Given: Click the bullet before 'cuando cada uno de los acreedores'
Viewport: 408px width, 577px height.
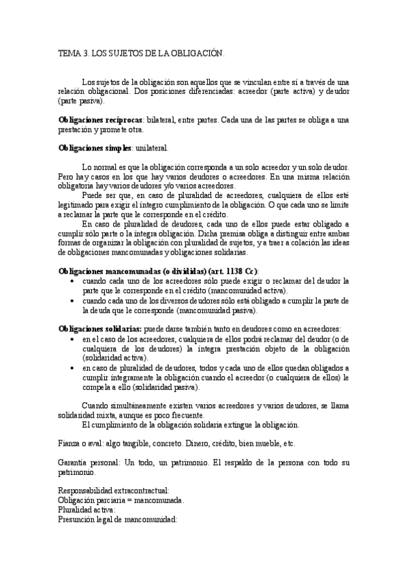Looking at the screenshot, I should coord(73,280).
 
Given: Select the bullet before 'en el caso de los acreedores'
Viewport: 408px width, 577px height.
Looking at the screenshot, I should coord(73,338).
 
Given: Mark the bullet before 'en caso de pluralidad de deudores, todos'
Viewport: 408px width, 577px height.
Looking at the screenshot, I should coord(73,367).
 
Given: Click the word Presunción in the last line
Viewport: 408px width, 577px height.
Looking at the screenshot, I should coord(79,519).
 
